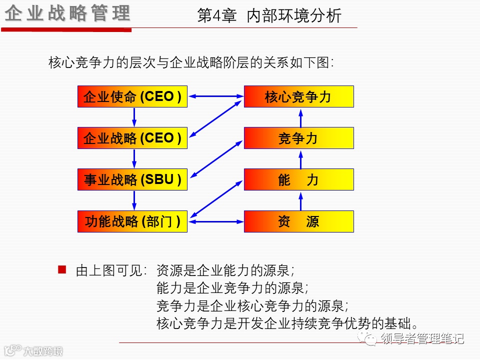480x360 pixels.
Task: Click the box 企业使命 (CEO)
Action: pos(132,96)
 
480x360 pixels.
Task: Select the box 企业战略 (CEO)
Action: pos(132,138)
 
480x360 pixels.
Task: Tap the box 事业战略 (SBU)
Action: pos(132,179)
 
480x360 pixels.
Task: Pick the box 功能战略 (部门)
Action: pos(132,221)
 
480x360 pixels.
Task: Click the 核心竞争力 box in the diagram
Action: pos(298,96)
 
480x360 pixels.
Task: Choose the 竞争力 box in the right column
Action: pos(298,138)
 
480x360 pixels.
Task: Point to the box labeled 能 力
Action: pos(298,179)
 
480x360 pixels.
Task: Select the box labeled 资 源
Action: pos(298,221)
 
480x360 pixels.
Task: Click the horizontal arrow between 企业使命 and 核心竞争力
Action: pos(215,96)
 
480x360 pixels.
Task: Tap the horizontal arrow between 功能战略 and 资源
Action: pos(215,221)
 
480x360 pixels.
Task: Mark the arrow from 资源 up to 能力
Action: pos(301,200)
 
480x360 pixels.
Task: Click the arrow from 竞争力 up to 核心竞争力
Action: pos(301,117)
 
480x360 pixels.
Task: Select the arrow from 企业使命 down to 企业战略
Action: pos(134,117)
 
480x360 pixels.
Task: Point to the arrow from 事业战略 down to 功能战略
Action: pos(134,200)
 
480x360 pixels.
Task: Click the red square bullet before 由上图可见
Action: pos(62,270)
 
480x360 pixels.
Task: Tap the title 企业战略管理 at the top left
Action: pos(67,14)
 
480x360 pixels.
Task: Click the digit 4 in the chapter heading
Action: pos(216,16)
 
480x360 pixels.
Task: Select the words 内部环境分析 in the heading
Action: pos(294,16)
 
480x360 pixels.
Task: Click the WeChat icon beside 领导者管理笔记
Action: pos(370,339)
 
